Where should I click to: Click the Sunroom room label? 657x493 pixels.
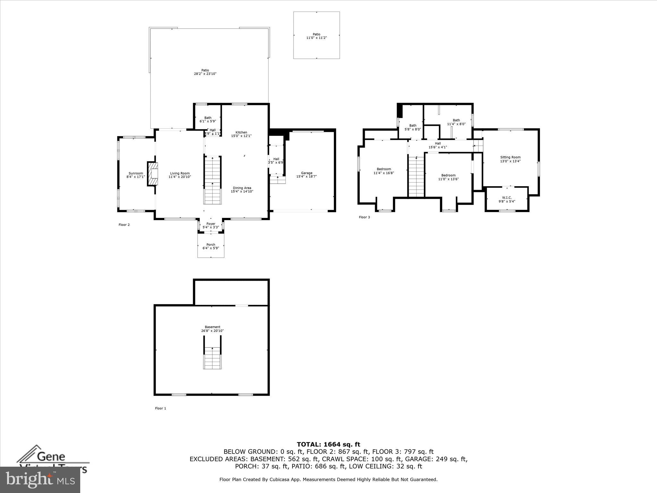pos(135,175)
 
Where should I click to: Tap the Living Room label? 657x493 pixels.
pos(180,175)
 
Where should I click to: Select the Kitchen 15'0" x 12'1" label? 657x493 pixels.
pos(241,134)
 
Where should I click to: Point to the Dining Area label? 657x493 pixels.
pos(242,190)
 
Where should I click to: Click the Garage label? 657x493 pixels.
pos(306,175)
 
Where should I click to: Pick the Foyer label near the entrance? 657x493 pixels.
pos(211,225)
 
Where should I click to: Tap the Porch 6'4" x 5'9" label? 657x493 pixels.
pos(211,246)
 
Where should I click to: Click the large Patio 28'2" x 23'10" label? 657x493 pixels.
pos(205,72)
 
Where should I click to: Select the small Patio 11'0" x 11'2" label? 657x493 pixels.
pos(316,36)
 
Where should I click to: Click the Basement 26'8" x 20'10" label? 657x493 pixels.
pos(212,329)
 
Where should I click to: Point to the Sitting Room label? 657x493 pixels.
pos(510,159)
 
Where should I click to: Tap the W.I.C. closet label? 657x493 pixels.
pos(507,199)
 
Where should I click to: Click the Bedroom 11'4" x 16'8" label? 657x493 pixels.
pos(384,171)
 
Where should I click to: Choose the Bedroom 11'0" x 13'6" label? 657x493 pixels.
pos(448,177)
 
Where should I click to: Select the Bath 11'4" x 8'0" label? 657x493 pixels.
pos(456,122)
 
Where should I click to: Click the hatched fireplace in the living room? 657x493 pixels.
pos(153,174)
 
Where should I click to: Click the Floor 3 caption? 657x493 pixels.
pos(364,217)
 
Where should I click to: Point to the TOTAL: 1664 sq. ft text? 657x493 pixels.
pos(328,445)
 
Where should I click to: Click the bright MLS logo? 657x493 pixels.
pos(40,479)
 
